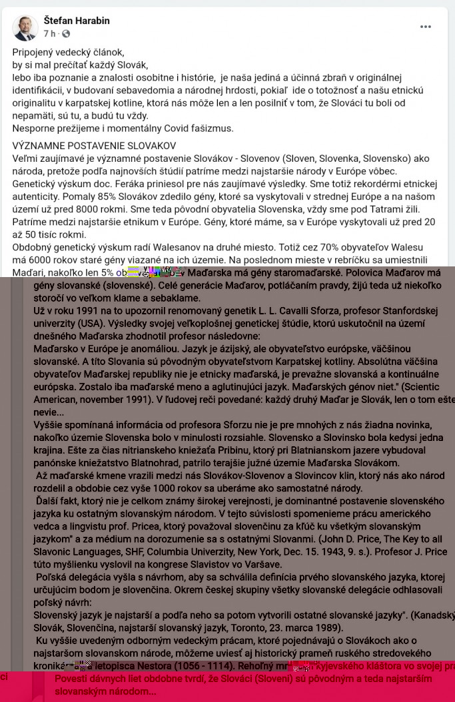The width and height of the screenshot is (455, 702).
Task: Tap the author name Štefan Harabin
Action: tap(77, 21)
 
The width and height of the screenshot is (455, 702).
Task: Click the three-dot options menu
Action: tap(426, 27)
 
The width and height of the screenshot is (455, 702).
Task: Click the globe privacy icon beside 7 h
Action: tap(66, 33)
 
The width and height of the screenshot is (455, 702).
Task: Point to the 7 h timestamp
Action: tap(49, 33)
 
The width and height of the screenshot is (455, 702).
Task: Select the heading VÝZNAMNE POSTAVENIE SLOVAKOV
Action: tap(94, 145)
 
